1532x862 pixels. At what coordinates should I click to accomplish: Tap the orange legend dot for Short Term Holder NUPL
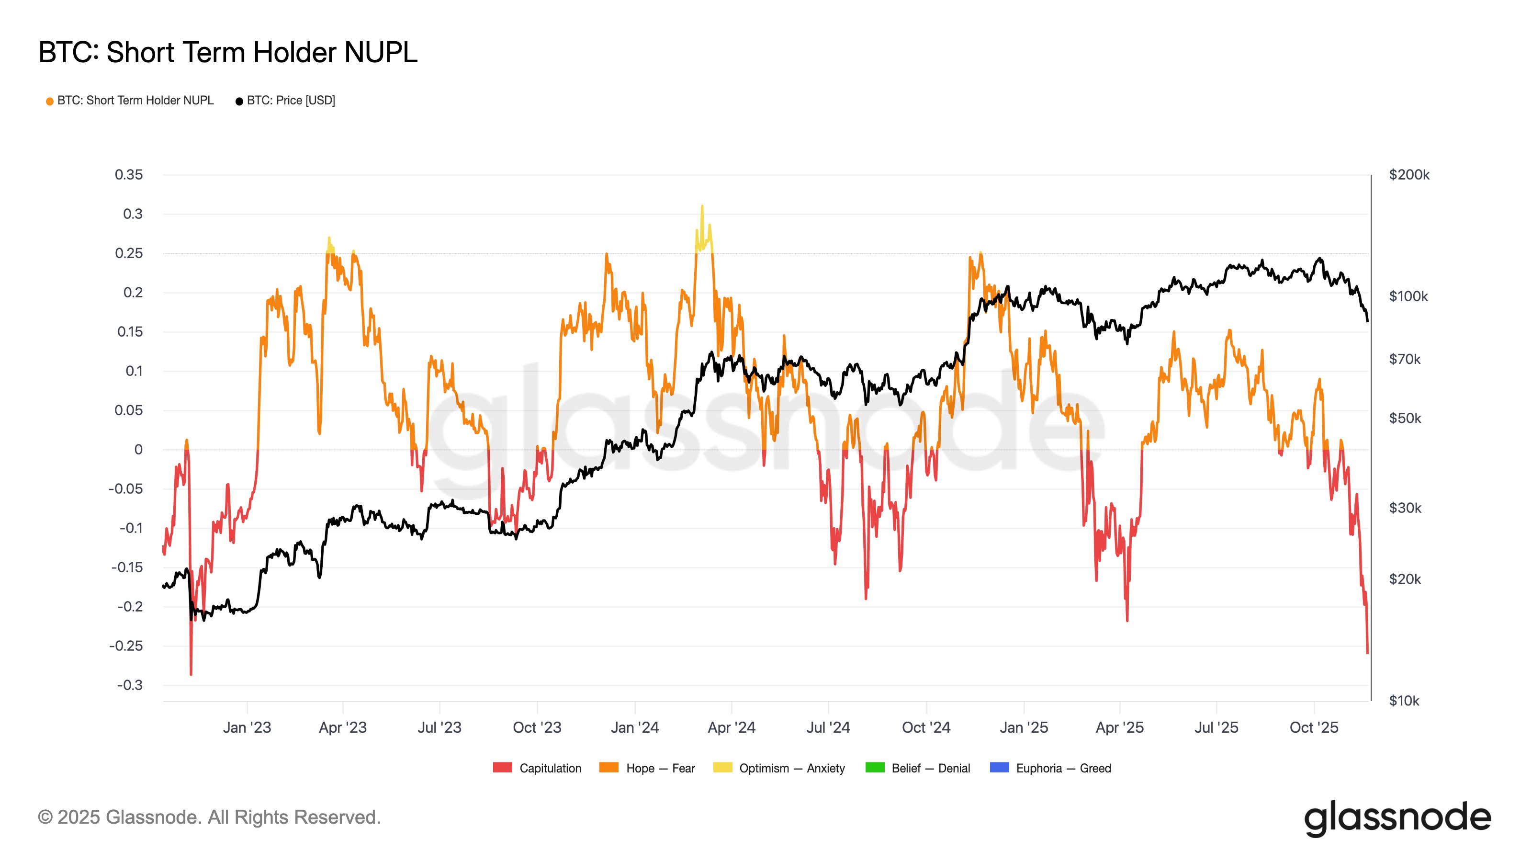[x=50, y=101]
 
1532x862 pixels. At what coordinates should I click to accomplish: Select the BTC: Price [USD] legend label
[x=291, y=101]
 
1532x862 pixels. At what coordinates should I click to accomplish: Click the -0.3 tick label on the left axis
[x=130, y=685]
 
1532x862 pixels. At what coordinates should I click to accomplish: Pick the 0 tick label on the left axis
[x=138, y=450]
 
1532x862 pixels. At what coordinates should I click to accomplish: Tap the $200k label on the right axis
[x=1409, y=175]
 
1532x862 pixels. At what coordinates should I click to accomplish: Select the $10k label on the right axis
[x=1404, y=701]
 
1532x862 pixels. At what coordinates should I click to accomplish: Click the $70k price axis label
[x=1404, y=359]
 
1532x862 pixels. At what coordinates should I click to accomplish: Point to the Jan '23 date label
[x=247, y=727]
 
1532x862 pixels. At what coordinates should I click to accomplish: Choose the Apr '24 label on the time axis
[x=731, y=727]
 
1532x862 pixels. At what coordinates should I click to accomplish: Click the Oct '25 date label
[x=1313, y=727]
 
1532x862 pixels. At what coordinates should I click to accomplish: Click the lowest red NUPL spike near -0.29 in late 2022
[x=191, y=673]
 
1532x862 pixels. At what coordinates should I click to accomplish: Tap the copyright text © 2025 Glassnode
[x=209, y=817]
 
